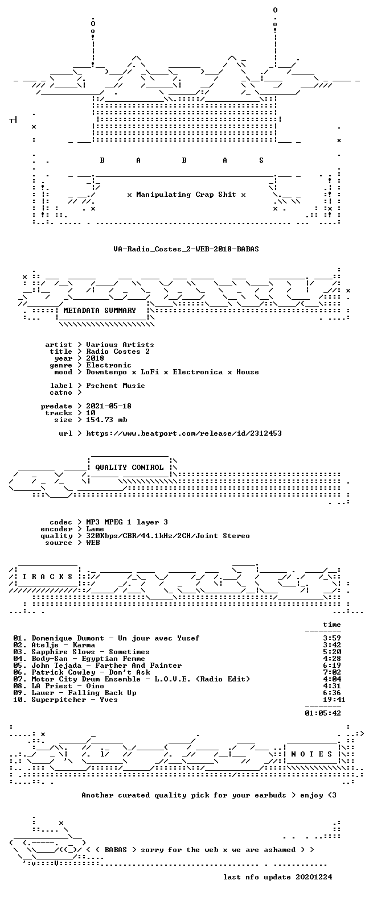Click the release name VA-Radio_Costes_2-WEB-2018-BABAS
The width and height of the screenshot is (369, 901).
[186, 249]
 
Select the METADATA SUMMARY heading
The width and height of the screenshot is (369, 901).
[100, 310]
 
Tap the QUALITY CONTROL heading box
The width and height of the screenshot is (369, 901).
[129, 468]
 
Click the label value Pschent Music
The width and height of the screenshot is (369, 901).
[116, 385]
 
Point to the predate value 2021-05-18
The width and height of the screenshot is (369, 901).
[109, 406]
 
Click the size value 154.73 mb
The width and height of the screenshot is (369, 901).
[106, 420]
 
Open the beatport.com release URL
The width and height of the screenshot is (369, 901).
[184, 433]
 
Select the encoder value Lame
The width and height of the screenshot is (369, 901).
[95, 529]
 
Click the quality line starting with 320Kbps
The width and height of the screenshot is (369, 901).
[168, 536]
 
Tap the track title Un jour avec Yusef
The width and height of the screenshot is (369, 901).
[159, 638]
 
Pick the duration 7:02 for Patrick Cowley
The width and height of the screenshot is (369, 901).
[332, 672]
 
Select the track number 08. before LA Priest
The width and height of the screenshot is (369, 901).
[20, 686]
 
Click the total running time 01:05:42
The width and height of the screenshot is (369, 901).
[323, 713]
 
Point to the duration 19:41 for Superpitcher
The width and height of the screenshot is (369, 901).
[334, 700]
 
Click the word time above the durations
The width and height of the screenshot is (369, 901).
[332, 624]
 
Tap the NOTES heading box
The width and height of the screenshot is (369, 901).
[312, 754]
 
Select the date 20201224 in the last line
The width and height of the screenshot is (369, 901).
[314, 877]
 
